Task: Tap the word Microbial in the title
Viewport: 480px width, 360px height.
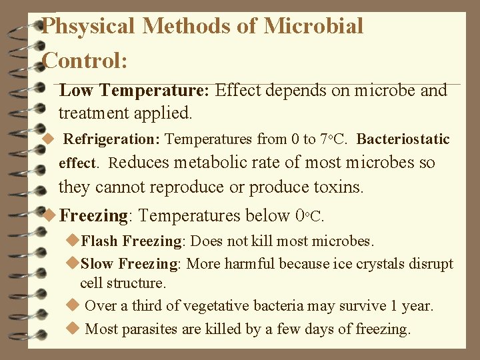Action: click(x=313, y=27)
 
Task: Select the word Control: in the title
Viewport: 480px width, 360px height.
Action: click(x=85, y=61)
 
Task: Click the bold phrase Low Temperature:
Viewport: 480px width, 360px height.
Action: click(x=135, y=91)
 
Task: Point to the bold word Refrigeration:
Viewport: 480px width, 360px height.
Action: click(x=112, y=140)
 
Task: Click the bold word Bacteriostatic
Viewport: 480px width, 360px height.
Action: click(x=403, y=140)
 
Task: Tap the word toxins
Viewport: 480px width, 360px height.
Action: click(x=340, y=187)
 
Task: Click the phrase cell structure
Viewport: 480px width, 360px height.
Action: click(x=123, y=283)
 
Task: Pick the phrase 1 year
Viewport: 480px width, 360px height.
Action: click(x=411, y=306)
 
